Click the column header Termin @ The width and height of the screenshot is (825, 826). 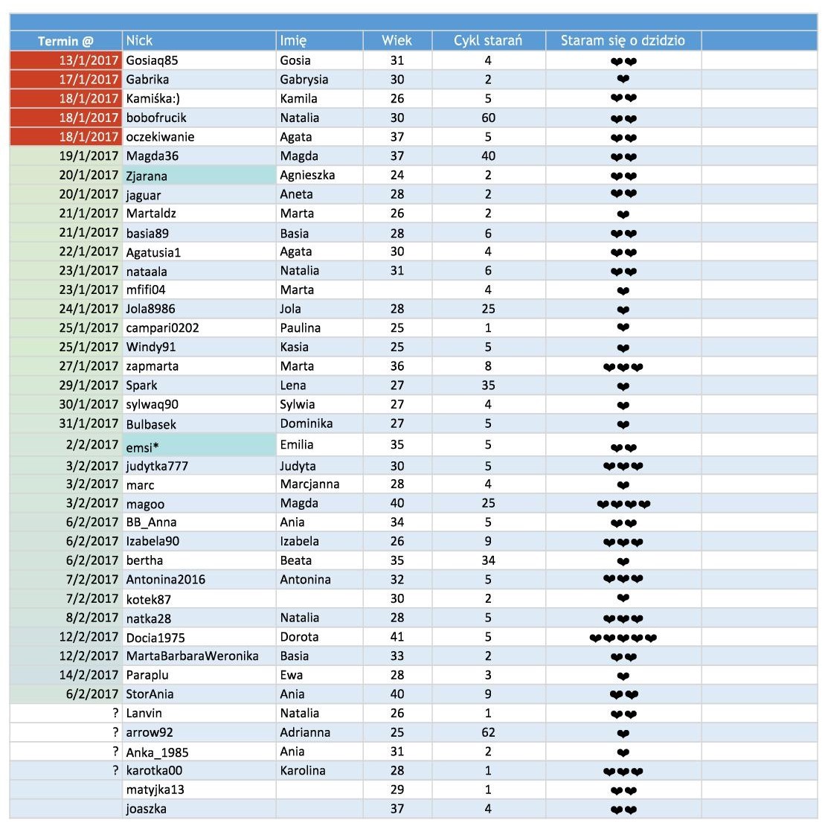[65, 41]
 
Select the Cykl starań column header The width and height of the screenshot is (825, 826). [488, 41]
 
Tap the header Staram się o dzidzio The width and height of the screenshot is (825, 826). [623, 41]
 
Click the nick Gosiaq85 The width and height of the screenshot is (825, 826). [152, 60]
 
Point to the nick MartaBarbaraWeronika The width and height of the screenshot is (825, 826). [192, 656]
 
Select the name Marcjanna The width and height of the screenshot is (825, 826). [309, 484]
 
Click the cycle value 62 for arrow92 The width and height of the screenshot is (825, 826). [488, 732]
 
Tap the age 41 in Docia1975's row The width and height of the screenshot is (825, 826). [397, 637]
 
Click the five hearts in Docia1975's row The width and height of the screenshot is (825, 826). [623, 638]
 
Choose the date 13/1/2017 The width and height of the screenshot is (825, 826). [89, 60]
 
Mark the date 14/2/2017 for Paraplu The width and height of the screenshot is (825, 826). [89, 675]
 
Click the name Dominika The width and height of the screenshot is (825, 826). [306, 423]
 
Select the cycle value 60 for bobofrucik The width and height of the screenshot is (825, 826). [488, 118]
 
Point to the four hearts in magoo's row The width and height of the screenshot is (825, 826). [623, 504]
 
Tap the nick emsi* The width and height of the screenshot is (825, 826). [143, 446]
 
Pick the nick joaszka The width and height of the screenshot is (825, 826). [146, 809]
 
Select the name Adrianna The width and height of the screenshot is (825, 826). [305, 732]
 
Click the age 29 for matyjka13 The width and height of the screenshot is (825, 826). [397, 790]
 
